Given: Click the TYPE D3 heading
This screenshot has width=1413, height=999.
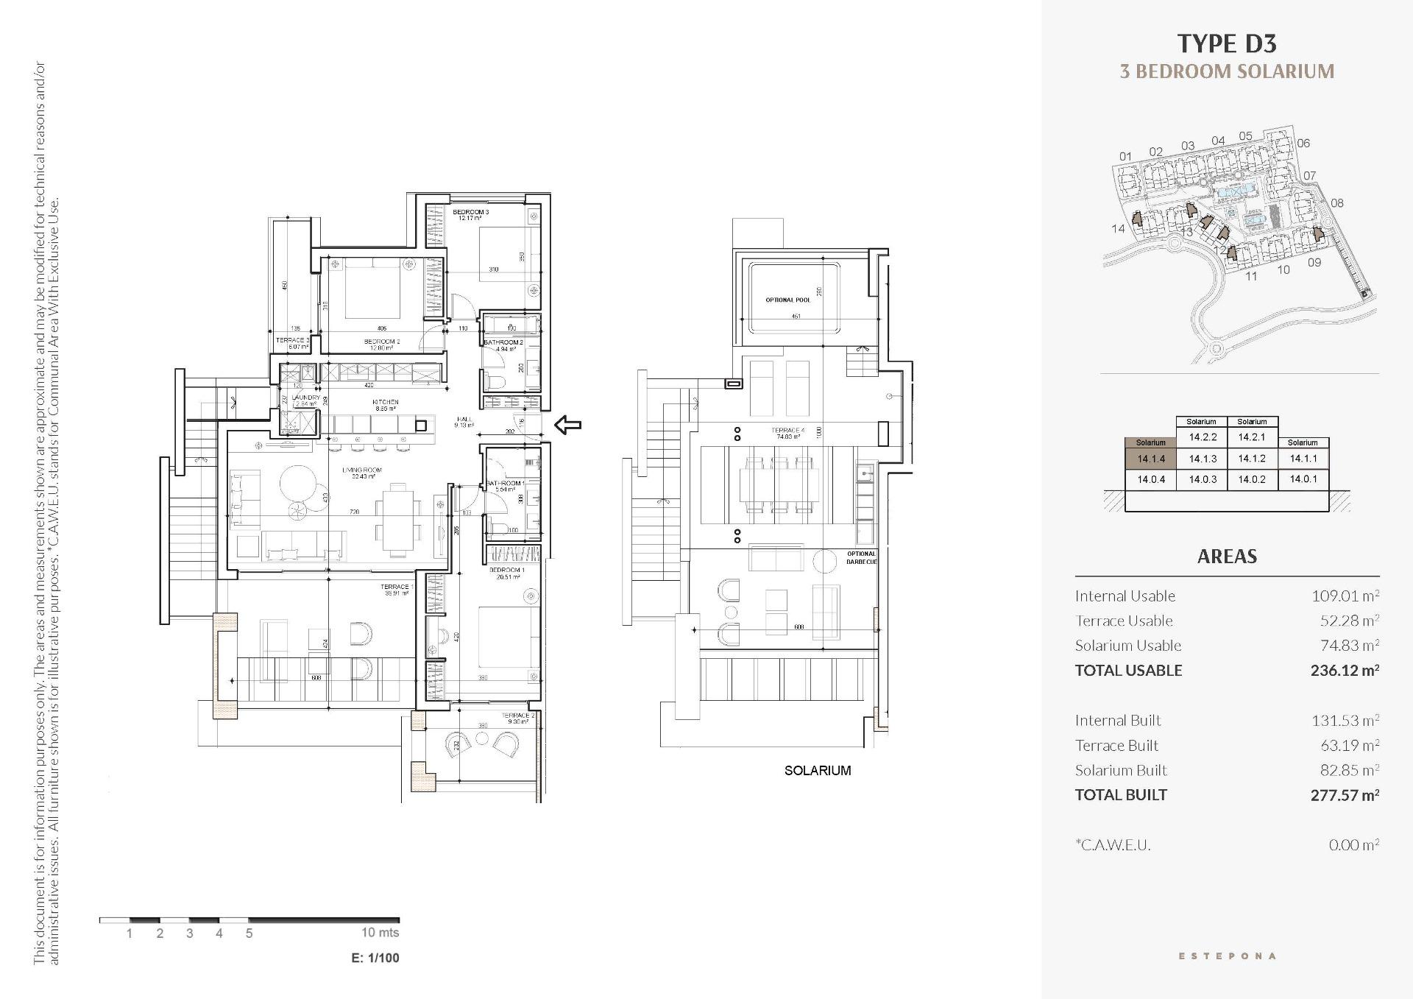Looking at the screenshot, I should pyautogui.click(x=1227, y=43).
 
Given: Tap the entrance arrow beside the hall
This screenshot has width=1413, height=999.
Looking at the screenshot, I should pyautogui.click(x=567, y=425).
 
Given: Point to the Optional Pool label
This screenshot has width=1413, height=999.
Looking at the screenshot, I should pyautogui.click(x=787, y=300).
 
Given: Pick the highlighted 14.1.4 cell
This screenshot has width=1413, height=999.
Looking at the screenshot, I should pyautogui.click(x=1151, y=459).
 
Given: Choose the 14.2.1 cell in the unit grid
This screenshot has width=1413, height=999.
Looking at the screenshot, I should pyautogui.click(x=1252, y=437).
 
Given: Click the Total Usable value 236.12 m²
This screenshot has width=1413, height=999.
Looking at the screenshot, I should pyautogui.click(x=1344, y=671).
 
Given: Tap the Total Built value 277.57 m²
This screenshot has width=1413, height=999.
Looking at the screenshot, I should pyautogui.click(x=1344, y=795).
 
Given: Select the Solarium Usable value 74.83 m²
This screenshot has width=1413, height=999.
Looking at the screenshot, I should pyautogui.click(x=1349, y=646).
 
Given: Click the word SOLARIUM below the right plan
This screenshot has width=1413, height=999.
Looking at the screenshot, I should pyautogui.click(x=817, y=771).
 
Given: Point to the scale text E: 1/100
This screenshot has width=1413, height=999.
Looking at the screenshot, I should pyautogui.click(x=375, y=958).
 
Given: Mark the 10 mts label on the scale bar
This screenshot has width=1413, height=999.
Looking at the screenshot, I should pyautogui.click(x=380, y=933).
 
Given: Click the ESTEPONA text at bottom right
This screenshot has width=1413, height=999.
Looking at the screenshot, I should pyautogui.click(x=1227, y=956).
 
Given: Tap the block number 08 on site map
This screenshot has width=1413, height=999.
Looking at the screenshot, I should pyautogui.click(x=1337, y=203).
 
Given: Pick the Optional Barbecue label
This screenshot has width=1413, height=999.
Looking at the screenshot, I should pyautogui.click(x=861, y=558).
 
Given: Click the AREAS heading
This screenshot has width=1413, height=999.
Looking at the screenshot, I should pyautogui.click(x=1227, y=557).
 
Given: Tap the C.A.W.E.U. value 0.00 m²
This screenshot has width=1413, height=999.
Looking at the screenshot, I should pyautogui.click(x=1353, y=845).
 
